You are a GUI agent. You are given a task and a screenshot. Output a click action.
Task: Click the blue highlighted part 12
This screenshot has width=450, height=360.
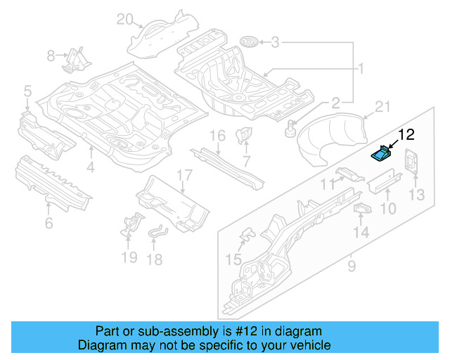pyautogui.click(x=381, y=153)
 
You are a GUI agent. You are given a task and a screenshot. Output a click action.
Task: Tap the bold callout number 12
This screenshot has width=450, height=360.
pyautogui.click(x=407, y=134)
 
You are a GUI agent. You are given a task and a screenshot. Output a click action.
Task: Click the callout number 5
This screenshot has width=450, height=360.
pyautogui.click(x=27, y=90)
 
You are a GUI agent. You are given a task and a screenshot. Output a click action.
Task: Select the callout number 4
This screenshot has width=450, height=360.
pyautogui.click(x=90, y=167)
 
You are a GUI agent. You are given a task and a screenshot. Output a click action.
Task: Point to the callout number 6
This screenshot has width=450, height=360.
pyautogui.click(x=48, y=224)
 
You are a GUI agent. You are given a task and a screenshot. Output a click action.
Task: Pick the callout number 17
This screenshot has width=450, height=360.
pyautogui.click(x=184, y=175)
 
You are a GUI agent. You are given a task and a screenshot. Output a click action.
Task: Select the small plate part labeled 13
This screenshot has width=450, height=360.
pyautogui.click(x=411, y=162)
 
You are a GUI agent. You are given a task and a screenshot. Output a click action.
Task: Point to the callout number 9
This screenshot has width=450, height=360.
pyautogui.click(x=352, y=266)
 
